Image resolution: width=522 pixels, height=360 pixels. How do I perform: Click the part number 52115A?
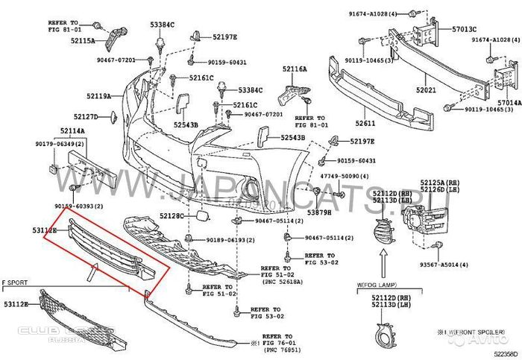point(82,42)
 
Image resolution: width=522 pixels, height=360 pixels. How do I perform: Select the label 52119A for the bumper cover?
point(98,96)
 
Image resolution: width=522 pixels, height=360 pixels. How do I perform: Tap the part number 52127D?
point(85,117)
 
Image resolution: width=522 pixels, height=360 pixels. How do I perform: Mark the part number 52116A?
point(295,69)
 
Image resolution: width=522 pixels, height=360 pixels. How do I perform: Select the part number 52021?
point(426,89)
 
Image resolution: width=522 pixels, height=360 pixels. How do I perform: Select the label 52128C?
point(171,215)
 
